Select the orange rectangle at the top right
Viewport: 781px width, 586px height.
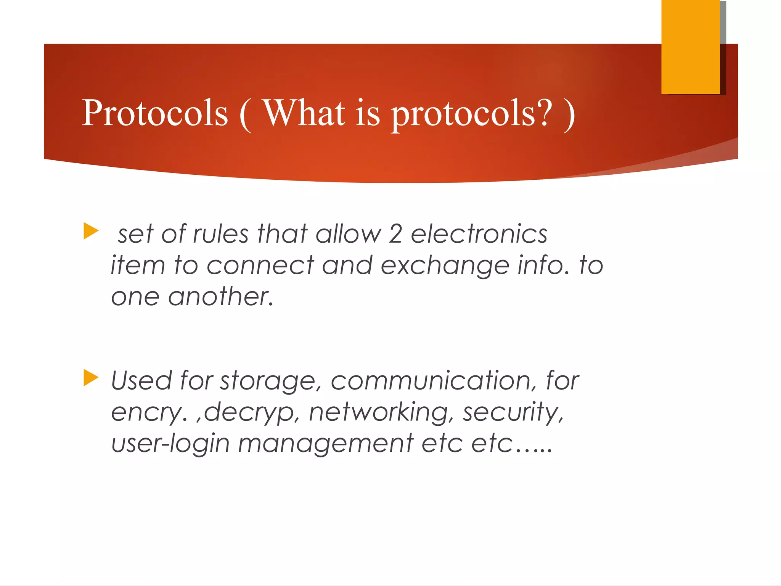point(690,47)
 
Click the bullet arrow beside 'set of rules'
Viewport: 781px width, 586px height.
point(91,231)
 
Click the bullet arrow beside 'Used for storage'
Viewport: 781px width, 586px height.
point(91,378)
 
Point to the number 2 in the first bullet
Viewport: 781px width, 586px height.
point(395,234)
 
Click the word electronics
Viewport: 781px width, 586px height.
point(479,234)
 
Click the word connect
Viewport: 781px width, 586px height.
point(260,265)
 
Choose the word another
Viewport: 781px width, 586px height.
point(221,297)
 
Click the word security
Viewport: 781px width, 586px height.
point(513,413)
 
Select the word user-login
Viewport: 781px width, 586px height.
point(170,444)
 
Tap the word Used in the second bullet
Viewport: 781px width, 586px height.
point(141,381)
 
